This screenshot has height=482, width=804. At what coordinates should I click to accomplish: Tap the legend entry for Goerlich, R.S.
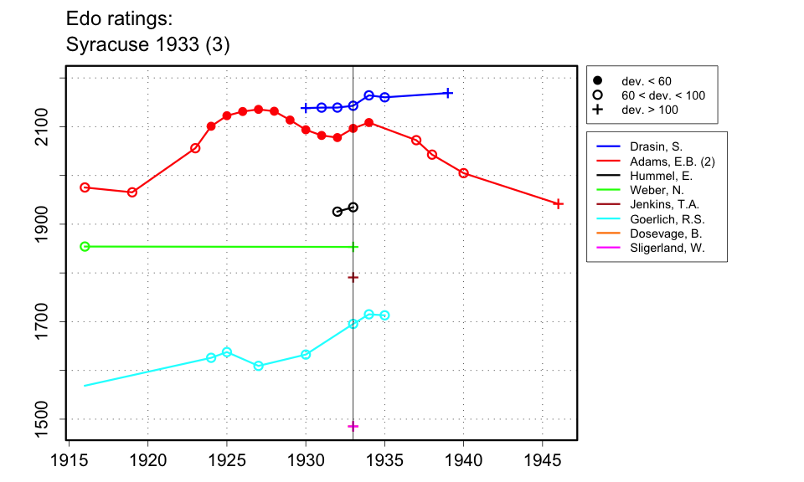click(x=667, y=219)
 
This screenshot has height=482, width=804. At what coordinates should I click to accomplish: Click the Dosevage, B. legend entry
click(x=666, y=234)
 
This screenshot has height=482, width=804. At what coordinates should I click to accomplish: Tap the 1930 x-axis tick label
click(x=306, y=462)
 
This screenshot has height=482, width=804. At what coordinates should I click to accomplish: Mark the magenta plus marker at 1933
click(x=353, y=426)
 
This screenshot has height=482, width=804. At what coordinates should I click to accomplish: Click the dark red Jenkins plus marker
click(x=353, y=277)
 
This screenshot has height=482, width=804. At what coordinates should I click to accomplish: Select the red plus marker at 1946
click(x=559, y=203)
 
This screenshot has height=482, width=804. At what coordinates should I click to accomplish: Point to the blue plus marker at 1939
click(x=448, y=93)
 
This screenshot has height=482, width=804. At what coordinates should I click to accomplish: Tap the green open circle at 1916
click(x=85, y=247)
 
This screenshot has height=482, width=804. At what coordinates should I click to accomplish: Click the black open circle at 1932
click(x=338, y=212)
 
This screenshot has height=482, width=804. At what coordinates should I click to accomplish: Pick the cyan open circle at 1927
click(x=258, y=366)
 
